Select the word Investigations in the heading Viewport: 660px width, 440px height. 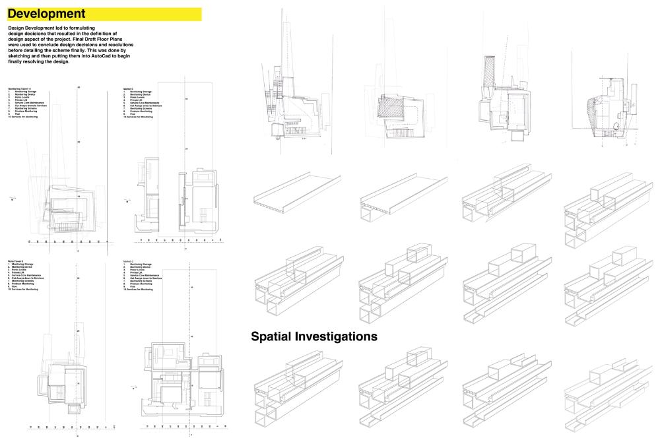pyautogui.click(x=341, y=336)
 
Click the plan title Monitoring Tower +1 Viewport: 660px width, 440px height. pyautogui.click(x=20, y=88)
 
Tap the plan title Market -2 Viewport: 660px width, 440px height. pyautogui.click(x=129, y=261)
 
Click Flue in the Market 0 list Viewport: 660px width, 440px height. pyautogui.click(x=132, y=114)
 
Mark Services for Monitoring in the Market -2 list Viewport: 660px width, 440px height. pyautogui.click(x=138, y=290)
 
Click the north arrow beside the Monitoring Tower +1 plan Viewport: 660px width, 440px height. pyautogui.click(x=13, y=197)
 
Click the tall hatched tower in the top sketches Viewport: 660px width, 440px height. pyautogui.click(x=489, y=72)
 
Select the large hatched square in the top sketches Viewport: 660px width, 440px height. pyautogui.click(x=393, y=108)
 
